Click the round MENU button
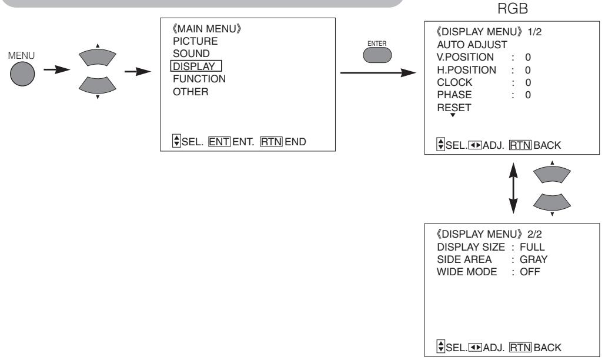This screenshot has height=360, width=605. pyautogui.click(x=22, y=74)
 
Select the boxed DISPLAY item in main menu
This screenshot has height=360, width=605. pyautogui.click(x=196, y=66)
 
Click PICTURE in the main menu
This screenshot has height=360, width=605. pyautogui.click(x=195, y=41)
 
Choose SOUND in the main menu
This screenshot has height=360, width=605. pyautogui.click(x=192, y=54)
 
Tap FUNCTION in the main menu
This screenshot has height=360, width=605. pyautogui.click(x=199, y=79)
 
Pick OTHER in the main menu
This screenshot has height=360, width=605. pyautogui.click(x=190, y=92)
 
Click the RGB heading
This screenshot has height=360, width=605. pyautogui.click(x=513, y=8)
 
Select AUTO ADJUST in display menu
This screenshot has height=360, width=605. pyautogui.click(x=472, y=45)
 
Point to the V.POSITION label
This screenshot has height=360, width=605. pyautogui.click(x=465, y=57)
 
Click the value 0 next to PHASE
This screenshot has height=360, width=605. pyautogui.click(x=528, y=95)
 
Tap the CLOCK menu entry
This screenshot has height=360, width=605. pyautogui.click(x=454, y=82)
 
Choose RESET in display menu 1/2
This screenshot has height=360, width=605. pyautogui.click(x=454, y=108)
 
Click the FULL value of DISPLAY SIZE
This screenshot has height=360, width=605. pyautogui.click(x=532, y=247)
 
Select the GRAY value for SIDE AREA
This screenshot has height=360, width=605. pyautogui.click(x=534, y=259)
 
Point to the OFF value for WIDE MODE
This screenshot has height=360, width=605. pyautogui.click(x=530, y=272)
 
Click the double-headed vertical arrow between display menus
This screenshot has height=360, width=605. pyautogui.click(x=513, y=188)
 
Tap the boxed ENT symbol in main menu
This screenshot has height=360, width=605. pyautogui.click(x=219, y=142)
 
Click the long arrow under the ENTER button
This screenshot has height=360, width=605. pyautogui.click(x=378, y=72)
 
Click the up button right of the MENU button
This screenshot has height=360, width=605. pyautogui.click(x=97, y=57)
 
